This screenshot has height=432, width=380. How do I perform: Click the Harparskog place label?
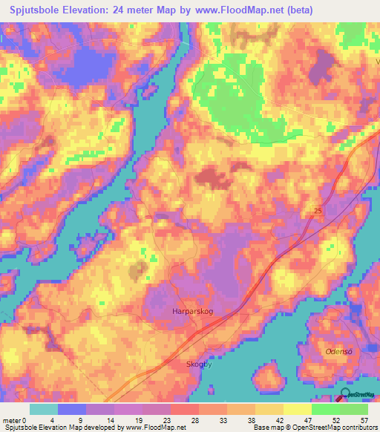tap(192, 312)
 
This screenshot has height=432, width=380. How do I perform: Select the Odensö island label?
tap(336, 350)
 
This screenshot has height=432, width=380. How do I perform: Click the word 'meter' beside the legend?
tap(13, 421)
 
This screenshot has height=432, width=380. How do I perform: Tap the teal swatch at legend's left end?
tap(44, 409)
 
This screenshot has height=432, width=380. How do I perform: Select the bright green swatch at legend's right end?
tap(354, 409)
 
